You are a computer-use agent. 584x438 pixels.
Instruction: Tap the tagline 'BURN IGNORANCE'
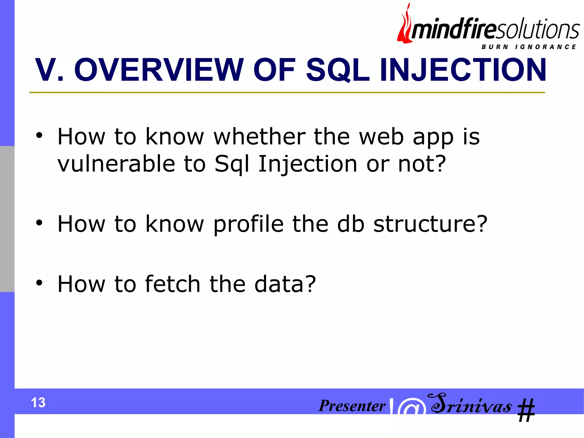[529, 47]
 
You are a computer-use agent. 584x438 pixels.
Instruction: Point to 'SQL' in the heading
[338, 70]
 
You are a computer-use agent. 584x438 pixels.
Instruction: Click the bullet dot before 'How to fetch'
[39, 283]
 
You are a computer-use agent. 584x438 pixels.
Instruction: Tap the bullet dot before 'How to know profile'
[39, 223]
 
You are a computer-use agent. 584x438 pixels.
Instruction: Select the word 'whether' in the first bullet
[259, 137]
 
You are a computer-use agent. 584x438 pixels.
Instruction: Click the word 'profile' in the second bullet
[248, 224]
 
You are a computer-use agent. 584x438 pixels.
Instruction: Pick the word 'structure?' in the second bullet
[431, 224]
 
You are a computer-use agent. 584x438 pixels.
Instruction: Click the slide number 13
[38, 403]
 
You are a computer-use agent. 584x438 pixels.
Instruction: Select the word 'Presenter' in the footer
[352, 405]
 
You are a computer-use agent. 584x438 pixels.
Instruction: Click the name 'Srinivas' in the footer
[471, 404]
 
